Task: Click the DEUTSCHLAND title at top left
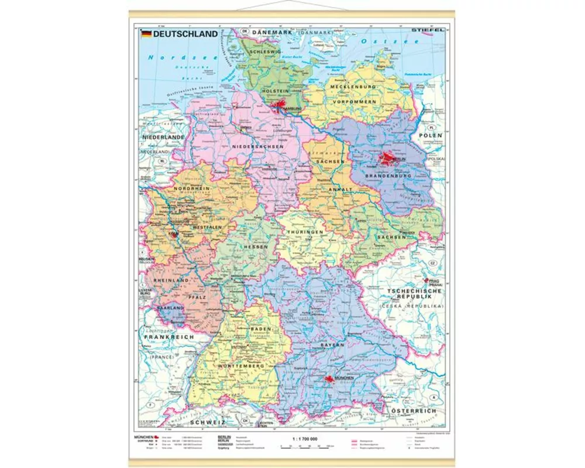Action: [185, 34]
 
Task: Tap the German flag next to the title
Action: [146, 34]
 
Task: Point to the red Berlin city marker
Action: [388, 158]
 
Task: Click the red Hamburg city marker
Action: [277, 106]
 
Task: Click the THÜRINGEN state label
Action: [305, 232]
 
